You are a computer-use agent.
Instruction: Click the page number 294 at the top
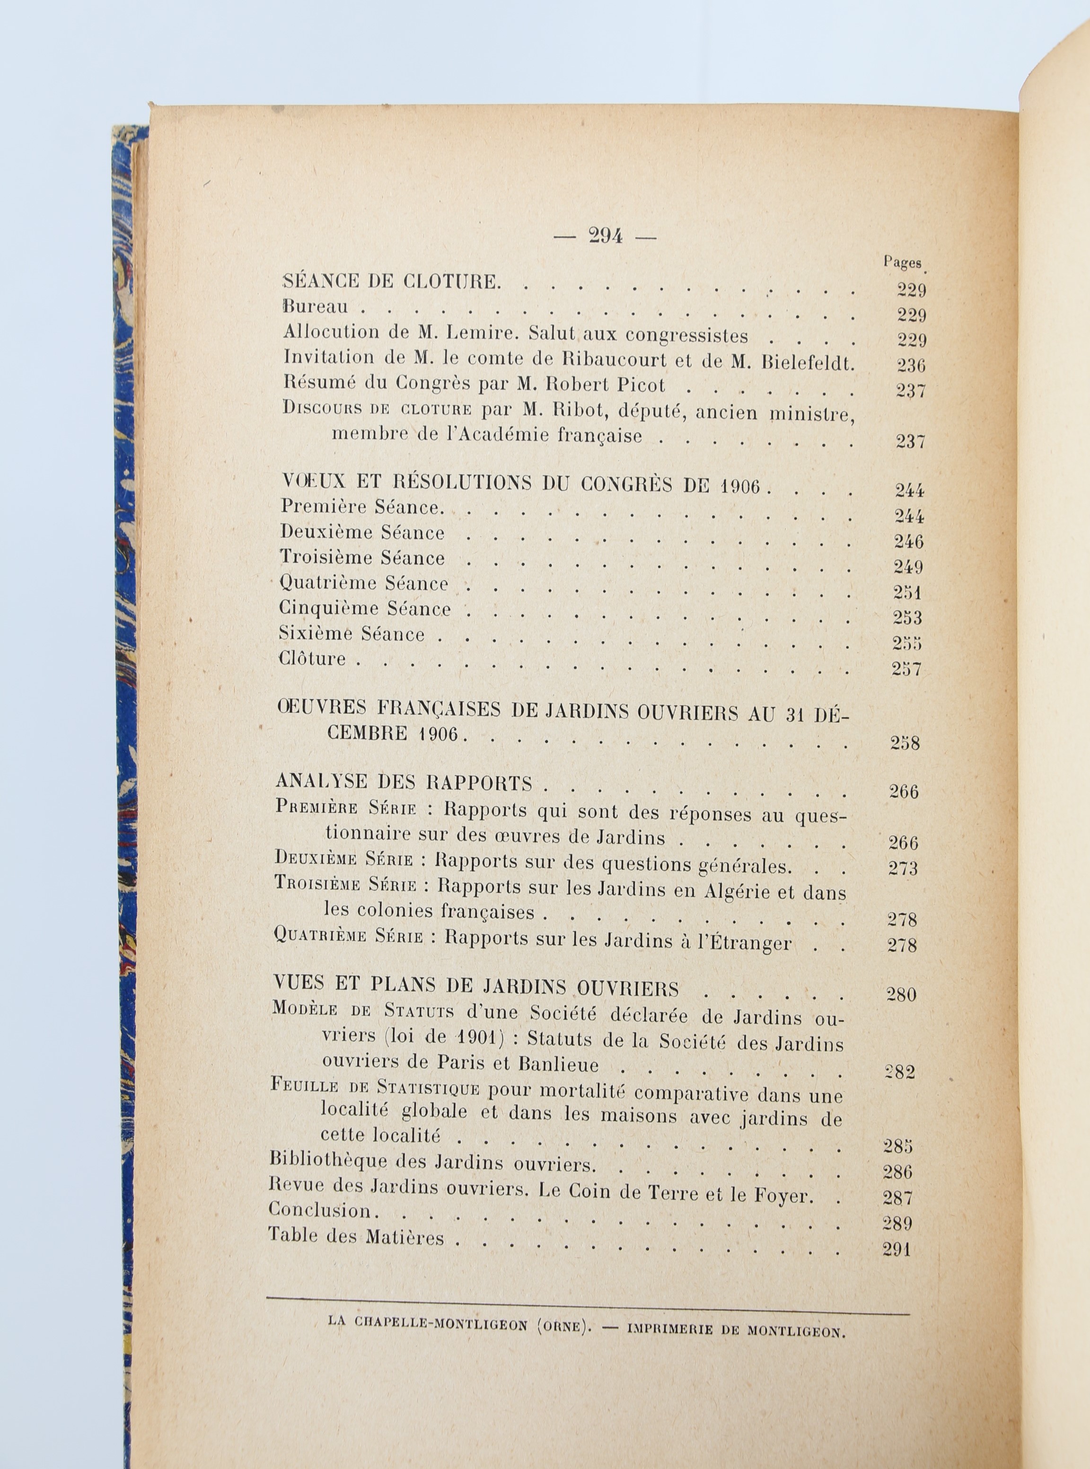605,236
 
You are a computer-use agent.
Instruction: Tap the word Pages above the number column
902,262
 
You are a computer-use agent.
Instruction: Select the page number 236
911,365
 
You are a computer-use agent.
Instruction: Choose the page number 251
908,592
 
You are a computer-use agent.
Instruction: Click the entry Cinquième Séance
365,608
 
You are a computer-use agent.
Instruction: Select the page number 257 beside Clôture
906,669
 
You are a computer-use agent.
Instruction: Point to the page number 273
903,868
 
